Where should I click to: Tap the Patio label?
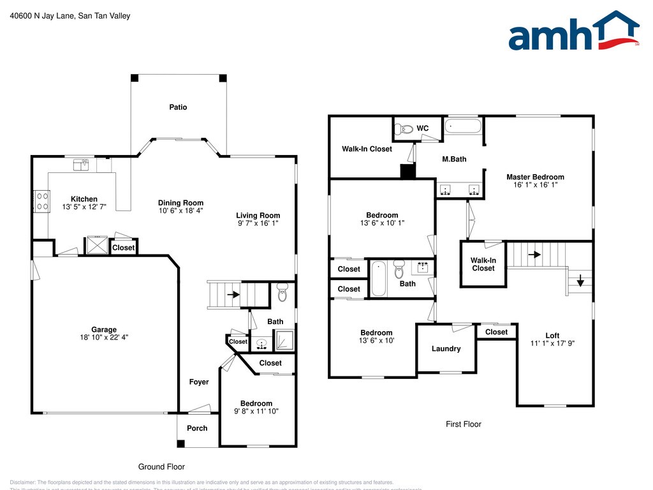coord(178,107)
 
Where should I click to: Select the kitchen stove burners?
coord(42,202)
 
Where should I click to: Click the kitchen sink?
coord(80,165)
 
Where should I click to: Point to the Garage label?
coord(103,330)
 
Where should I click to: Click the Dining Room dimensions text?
coord(180,211)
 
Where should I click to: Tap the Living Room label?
coord(258,216)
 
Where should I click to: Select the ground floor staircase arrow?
coord(233,295)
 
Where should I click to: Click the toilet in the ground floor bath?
coord(282,295)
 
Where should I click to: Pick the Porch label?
coord(197,428)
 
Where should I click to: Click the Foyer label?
coord(199,382)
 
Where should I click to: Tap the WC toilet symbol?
coord(402,130)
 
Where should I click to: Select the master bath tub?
coord(462,125)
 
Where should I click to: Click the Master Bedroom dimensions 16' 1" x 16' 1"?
coord(535,185)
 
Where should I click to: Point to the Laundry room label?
coord(446,348)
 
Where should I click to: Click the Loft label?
coord(552,336)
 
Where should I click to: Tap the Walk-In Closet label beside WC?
coord(367,149)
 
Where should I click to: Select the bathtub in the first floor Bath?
coord(379,279)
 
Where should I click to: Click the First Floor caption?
coord(463,424)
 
